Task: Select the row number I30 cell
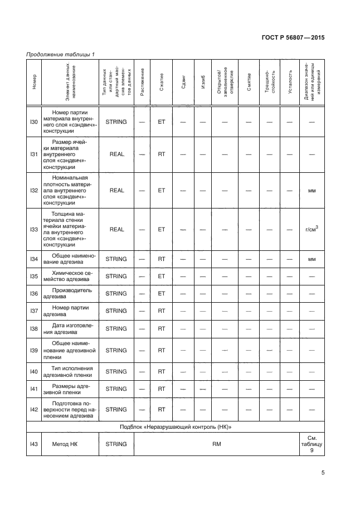click(x=33, y=122)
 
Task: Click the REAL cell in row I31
click(x=116, y=154)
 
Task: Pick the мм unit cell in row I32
click(x=312, y=190)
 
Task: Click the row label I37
click(x=33, y=311)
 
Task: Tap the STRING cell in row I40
click(x=116, y=371)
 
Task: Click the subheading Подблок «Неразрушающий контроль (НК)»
click(x=175, y=427)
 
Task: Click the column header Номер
click(x=33, y=82)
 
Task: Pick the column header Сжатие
click(x=162, y=82)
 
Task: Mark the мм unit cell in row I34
click(x=312, y=259)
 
